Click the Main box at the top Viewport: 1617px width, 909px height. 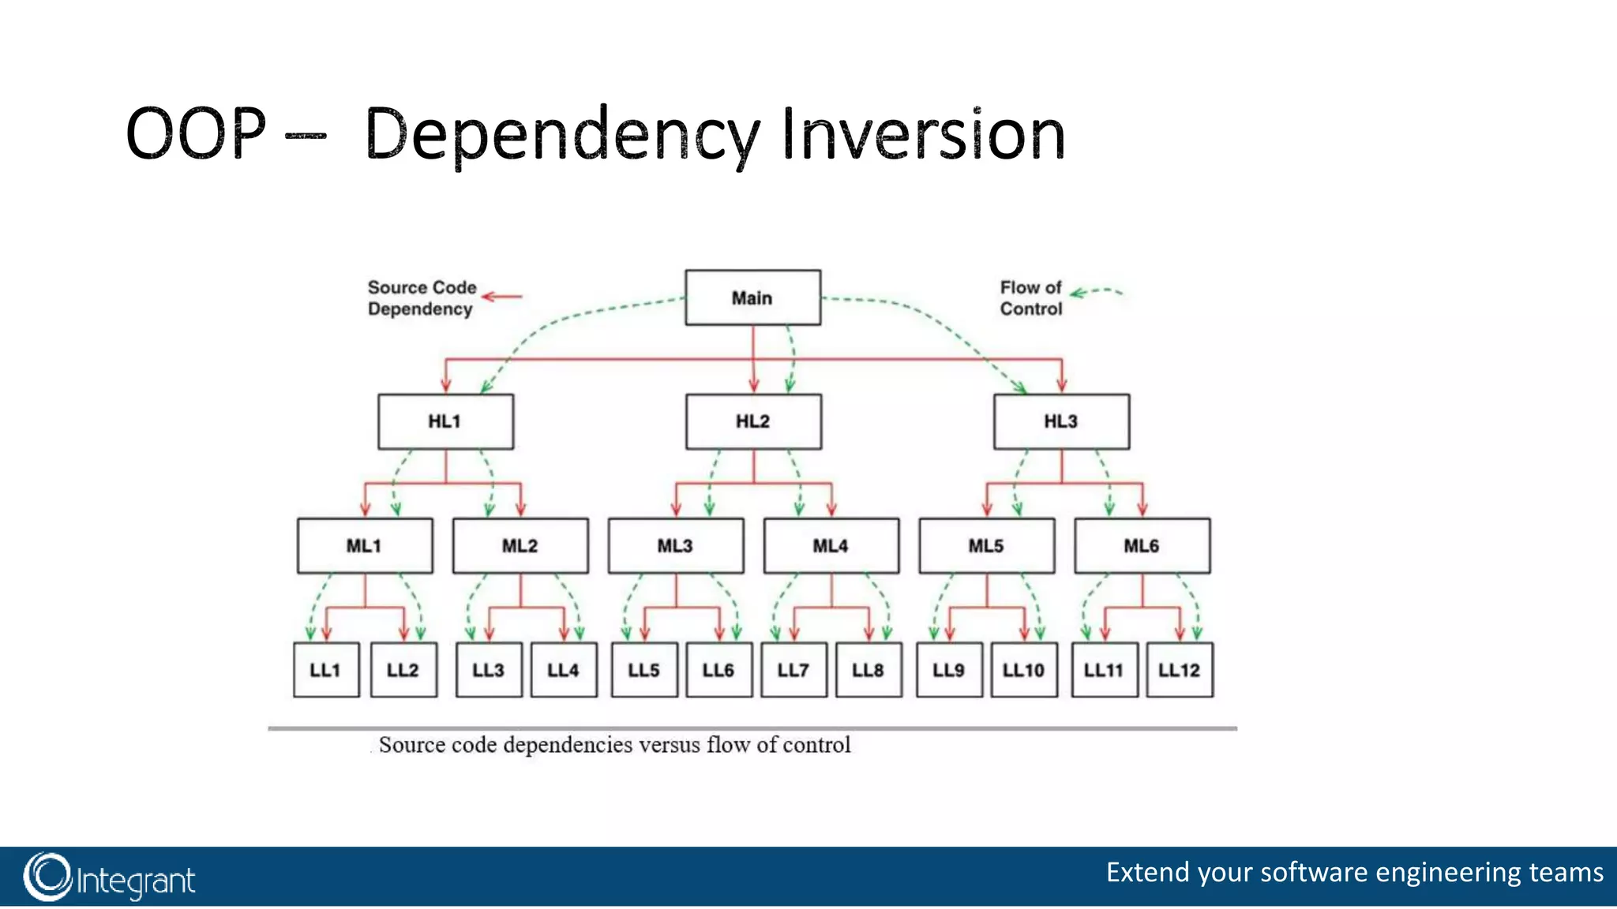[752, 297]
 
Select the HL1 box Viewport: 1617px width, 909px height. [445, 421]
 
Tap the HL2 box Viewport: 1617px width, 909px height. [753, 421]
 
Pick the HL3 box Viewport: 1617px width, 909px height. [1061, 421]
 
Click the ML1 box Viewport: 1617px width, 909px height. [365, 545]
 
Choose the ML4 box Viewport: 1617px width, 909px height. [831, 545]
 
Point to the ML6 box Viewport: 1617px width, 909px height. [1142, 545]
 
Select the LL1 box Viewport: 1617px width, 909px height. [325, 670]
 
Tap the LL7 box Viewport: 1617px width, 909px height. [793, 670]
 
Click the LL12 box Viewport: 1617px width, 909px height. [1180, 670]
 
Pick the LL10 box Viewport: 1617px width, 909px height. [1024, 670]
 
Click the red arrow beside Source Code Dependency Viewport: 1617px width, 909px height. [502, 297]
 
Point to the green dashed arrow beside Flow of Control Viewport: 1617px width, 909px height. [1096, 292]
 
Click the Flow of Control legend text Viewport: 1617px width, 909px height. [1031, 298]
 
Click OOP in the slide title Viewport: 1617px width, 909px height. [196, 134]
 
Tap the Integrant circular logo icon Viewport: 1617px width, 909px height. [47, 877]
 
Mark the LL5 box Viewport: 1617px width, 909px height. [644, 670]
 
